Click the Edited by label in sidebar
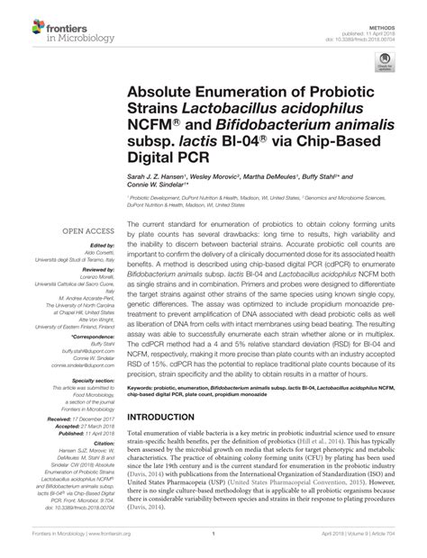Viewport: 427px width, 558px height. click(x=100, y=245)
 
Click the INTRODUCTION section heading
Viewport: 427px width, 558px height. click(x=168, y=418)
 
